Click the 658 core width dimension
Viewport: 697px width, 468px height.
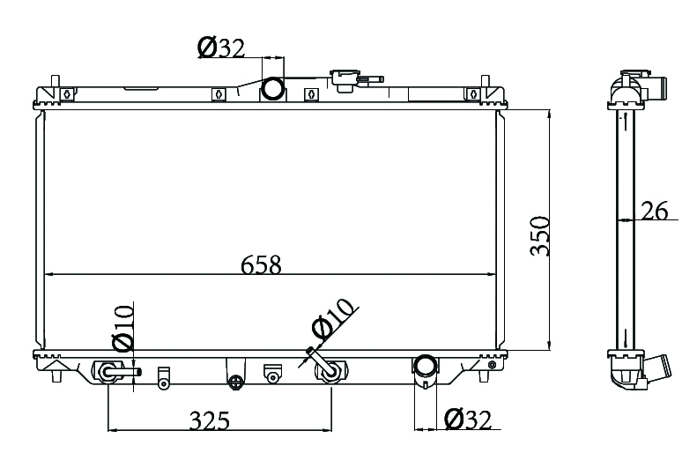coord(261,264)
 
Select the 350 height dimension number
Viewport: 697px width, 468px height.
coord(540,236)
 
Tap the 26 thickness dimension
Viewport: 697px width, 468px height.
coord(655,211)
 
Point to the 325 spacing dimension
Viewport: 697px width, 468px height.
coord(210,420)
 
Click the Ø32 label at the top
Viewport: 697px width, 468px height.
coord(221,48)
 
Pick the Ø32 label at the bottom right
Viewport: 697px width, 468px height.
coord(468,420)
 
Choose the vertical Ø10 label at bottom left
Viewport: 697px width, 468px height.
coord(123,328)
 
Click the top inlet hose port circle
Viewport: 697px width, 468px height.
coord(273,88)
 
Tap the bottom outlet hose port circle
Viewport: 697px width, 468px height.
coord(426,366)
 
